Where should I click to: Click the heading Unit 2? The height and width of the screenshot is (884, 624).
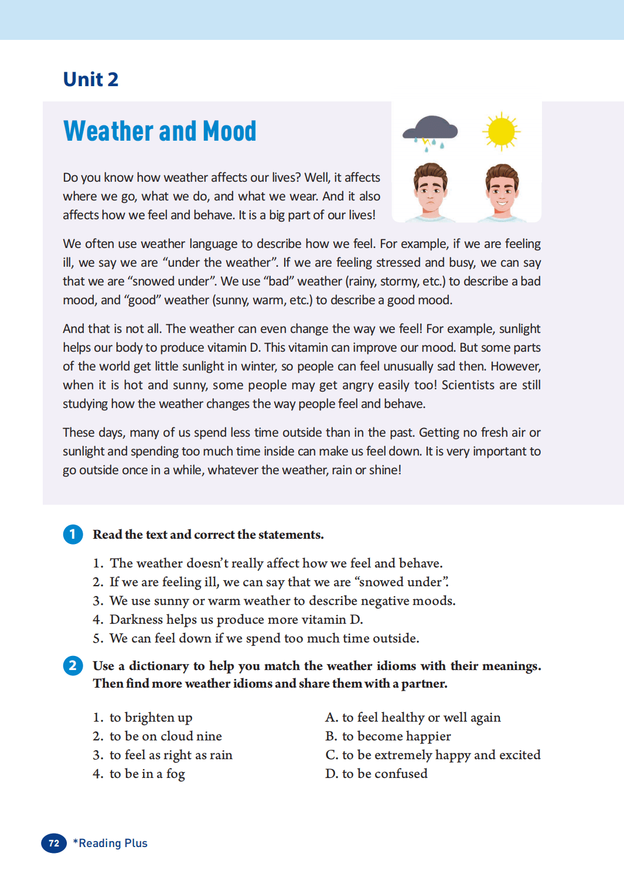pos(91,79)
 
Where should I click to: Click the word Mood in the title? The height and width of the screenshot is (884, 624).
pos(230,131)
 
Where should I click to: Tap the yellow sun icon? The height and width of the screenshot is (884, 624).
pos(501,131)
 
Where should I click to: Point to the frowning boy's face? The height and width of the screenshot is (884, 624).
pos(431,189)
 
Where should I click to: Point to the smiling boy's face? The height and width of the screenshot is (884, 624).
pos(502,189)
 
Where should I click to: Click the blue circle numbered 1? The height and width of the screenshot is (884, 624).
pos(73,534)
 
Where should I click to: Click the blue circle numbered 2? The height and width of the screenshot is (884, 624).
pos(73,665)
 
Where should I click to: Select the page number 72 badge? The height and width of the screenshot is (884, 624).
pos(54,843)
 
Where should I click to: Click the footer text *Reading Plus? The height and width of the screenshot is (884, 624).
pos(110,843)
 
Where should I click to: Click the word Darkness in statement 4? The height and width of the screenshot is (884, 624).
pos(136,620)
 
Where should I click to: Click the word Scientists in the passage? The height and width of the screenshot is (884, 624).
pos(468,385)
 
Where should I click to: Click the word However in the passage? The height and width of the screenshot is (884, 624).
pos(515,366)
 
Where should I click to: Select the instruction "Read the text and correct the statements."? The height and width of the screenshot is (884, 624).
pos(208,535)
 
